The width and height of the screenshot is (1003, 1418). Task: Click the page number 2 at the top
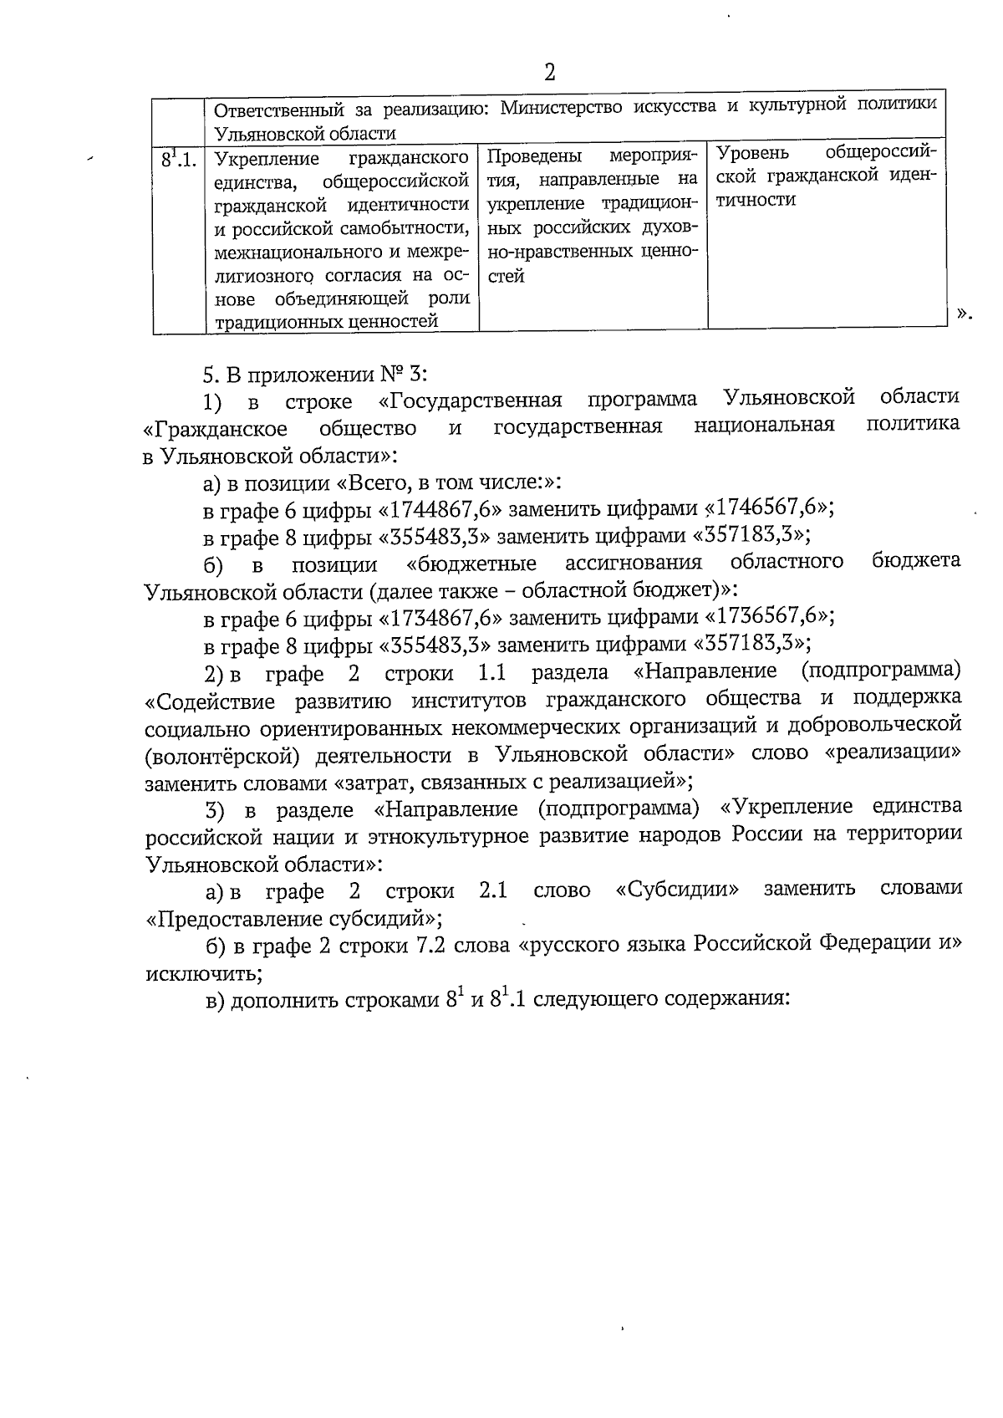click(x=549, y=73)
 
